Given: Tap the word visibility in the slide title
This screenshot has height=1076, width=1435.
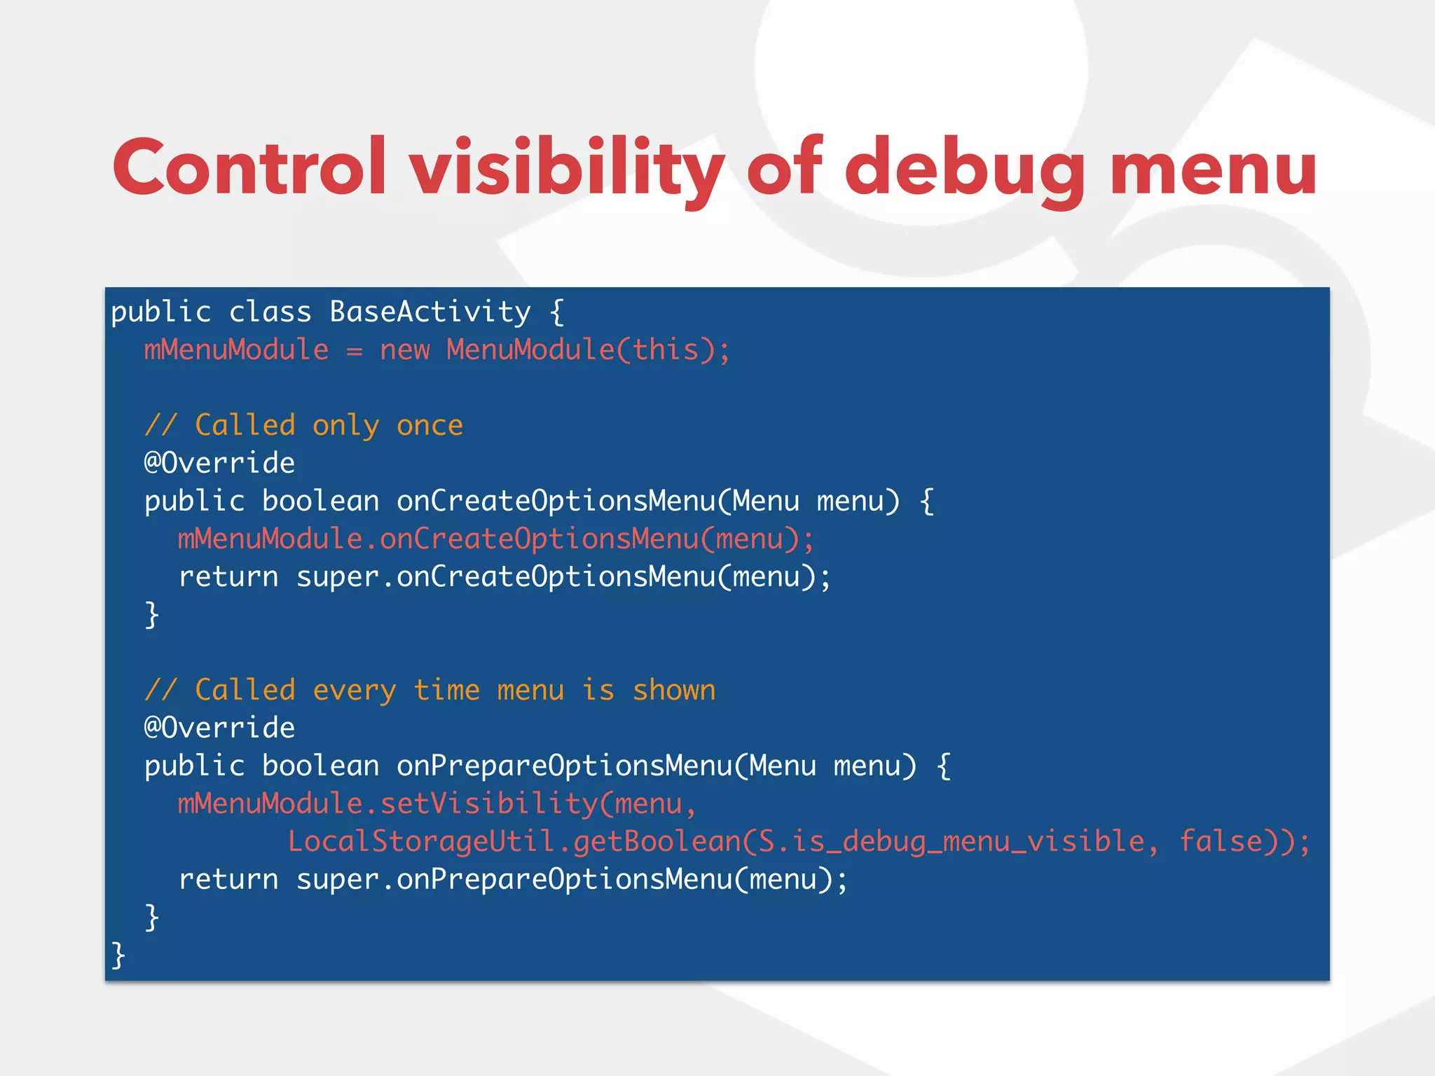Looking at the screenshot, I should pyautogui.click(x=566, y=168).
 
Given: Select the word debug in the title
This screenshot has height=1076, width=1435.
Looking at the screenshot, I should pyautogui.click(x=964, y=168).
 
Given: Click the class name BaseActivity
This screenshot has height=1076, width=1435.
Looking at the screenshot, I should pyautogui.click(x=430, y=312).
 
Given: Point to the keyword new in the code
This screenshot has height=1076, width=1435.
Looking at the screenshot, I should pyautogui.click(x=404, y=350).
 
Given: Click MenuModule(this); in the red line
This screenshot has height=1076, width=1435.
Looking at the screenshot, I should pyautogui.click(x=588, y=350).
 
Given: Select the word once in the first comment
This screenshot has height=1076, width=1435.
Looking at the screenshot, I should pyautogui.click(x=430, y=425).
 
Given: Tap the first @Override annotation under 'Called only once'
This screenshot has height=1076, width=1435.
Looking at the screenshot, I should pyautogui.click(x=219, y=463).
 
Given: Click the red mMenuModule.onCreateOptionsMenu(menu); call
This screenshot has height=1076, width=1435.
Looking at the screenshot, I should pyautogui.click(x=495, y=539).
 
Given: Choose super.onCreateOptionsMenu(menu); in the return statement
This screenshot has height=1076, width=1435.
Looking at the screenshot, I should pyautogui.click(x=563, y=577).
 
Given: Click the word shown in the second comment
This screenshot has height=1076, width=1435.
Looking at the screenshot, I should pyautogui.click(x=673, y=690).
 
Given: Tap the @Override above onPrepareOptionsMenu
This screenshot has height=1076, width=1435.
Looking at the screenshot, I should pyautogui.click(x=219, y=728).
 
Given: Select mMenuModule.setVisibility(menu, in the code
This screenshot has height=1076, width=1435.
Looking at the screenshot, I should pyautogui.click(x=437, y=803).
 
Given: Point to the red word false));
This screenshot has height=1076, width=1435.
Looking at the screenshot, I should pyautogui.click(x=1244, y=841).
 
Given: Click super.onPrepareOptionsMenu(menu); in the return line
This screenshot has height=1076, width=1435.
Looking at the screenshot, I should pyautogui.click(x=572, y=879).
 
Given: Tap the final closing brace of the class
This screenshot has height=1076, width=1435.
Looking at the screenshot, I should pyautogui.click(x=118, y=955).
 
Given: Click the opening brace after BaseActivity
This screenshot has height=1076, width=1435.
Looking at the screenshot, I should pyautogui.click(x=556, y=312).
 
